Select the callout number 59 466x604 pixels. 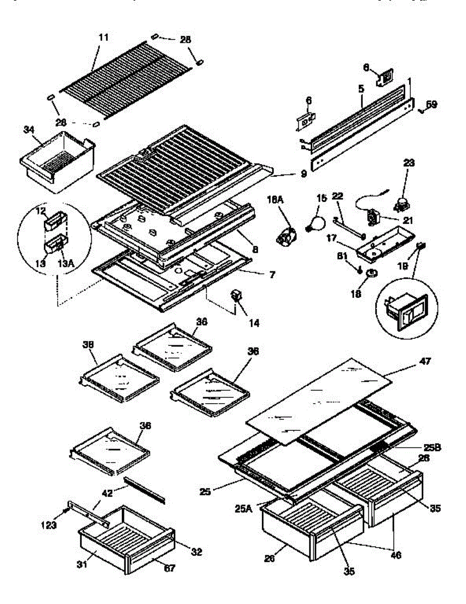click(x=432, y=105)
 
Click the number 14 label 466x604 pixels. click(x=253, y=323)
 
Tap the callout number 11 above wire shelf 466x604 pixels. click(x=103, y=38)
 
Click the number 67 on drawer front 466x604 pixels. click(x=170, y=569)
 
